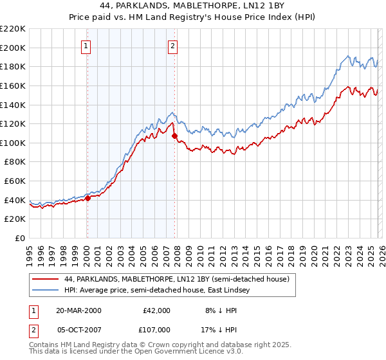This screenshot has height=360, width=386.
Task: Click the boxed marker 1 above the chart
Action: [86, 46]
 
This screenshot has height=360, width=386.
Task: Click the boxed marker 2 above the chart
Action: [174, 46]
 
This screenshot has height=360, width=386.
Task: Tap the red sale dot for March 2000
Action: [87, 198]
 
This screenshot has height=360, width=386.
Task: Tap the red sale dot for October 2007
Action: [174, 136]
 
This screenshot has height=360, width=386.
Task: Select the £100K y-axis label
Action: [13, 143]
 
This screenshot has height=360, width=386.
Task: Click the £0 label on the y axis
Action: [20, 239]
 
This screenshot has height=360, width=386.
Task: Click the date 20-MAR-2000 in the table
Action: [78, 310]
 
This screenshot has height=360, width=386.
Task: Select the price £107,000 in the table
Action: [156, 329]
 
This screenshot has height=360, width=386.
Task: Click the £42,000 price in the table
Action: [156, 310]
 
